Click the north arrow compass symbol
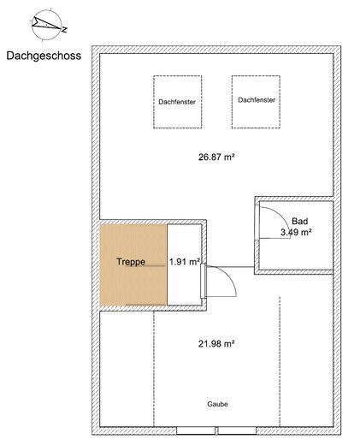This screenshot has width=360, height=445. tap(43, 25)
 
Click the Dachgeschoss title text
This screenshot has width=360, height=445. tap(43, 58)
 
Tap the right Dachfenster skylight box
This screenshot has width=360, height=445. tap(257, 101)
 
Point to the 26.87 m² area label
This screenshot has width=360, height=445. tap(216, 157)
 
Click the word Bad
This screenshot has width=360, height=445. tap(299, 220)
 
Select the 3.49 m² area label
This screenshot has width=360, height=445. tap(296, 232)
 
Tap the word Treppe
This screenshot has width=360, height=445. tap(131, 261)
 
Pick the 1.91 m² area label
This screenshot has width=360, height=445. tap(184, 261)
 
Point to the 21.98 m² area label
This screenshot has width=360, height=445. tap(216, 343)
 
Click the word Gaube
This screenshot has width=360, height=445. tap(216, 403)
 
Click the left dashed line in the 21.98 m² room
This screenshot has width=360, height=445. tap(154, 368)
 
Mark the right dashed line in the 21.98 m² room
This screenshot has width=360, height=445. tap(279, 359)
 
